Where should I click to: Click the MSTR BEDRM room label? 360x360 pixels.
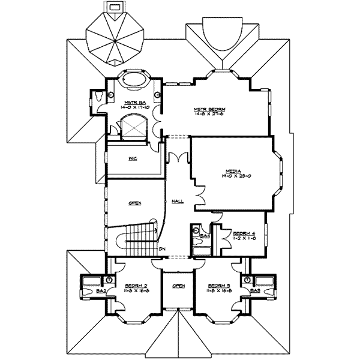pyautogui.click(x=205, y=109)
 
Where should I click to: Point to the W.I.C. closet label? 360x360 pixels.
pyautogui.click(x=134, y=159)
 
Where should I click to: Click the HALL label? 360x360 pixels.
pyautogui.click(x=178, y=200)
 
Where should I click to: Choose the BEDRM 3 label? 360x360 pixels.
pyautogui.click(x=218, y=286)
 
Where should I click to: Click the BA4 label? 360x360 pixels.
pyautogui.click(x=205, y=236)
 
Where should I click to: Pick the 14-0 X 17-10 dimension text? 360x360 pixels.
pyautogui.click(x=136, y=108)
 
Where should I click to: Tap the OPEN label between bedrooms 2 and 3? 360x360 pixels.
pyautogui.click(x=178, y=286)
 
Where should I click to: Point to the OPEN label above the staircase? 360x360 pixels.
pyautogui.click(x=134, y=203)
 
